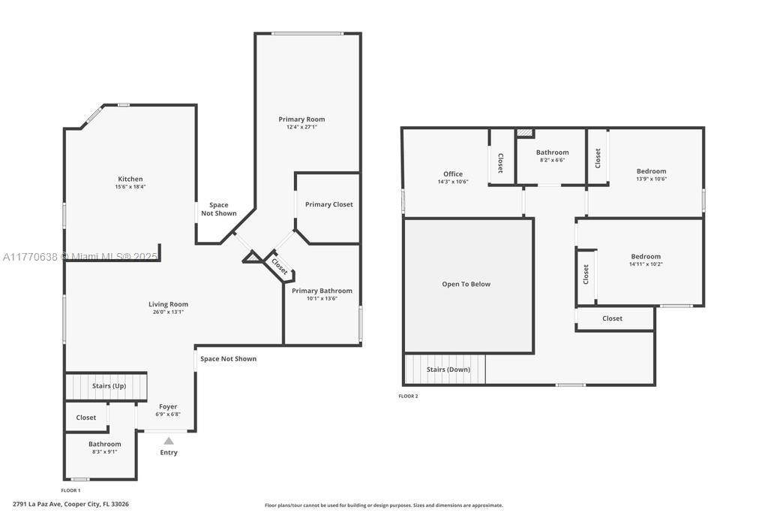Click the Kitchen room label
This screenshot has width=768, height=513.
click(130, 179)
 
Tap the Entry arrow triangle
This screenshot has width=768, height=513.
click(169, 441)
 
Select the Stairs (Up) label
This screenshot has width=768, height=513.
click(109, 386)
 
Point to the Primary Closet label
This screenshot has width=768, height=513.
click(328, 204)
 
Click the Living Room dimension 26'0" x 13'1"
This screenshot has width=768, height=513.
click(168, 312)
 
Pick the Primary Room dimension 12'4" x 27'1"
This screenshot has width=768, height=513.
click(301, 127)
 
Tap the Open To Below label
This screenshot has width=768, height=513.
click(466, 284)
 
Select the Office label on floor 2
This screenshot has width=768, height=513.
click(453, 174)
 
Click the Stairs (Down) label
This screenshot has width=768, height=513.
click(448, 370)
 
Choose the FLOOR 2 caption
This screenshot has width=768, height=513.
click(408, 397)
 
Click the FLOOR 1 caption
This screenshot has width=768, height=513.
click(70, 490)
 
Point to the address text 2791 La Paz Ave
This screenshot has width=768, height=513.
click(37, 504)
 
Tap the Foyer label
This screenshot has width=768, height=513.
click(168, 406)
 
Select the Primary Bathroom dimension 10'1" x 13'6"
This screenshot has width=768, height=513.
click(322, 299)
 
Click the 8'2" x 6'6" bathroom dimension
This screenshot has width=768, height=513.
click(553, 160)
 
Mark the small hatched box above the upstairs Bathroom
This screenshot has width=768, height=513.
click(525, 133)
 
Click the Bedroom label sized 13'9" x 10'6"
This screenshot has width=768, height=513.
click(652, 171)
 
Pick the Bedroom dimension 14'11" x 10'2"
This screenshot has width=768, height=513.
click(646, 264)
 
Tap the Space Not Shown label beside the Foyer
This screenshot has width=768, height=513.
click(228, 359)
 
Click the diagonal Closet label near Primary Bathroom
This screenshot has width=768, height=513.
click(280, 267)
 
